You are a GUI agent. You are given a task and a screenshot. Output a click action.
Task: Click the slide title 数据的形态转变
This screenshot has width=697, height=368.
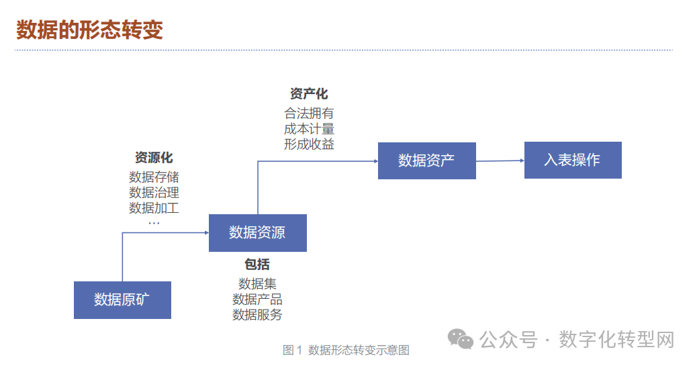coord(89,30)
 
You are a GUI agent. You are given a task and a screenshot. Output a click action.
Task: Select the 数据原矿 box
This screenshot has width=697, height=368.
coord(122,300)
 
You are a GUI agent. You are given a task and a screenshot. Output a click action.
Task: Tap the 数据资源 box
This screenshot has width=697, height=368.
coord(257,232)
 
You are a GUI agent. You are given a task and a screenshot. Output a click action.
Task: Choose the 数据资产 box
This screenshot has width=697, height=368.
coord(426,160)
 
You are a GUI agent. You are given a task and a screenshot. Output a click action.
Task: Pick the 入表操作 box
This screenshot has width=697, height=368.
coord(572,160)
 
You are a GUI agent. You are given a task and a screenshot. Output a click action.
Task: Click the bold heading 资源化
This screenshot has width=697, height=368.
coord(154,158)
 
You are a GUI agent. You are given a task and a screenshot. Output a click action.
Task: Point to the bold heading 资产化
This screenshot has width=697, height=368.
coord(309,94)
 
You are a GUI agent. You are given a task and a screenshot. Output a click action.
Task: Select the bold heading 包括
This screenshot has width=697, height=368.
coord(257,265)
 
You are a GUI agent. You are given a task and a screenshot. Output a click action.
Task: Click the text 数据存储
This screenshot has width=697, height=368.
coord(154,177)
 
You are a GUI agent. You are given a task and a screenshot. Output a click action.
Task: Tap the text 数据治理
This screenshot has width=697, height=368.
coord(154,193)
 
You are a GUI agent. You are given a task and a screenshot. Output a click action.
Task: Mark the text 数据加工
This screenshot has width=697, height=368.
coord(154,208)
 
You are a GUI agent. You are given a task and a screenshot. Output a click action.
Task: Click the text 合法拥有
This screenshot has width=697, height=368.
coord(309,113)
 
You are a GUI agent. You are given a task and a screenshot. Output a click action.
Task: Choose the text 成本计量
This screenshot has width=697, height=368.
coord(309,129)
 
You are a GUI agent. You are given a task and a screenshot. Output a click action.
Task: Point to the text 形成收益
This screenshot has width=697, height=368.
coord(309,144)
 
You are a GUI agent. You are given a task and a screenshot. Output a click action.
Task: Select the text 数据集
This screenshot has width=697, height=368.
coord(257,284)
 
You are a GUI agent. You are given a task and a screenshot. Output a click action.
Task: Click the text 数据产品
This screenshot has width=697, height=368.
coord(257,300)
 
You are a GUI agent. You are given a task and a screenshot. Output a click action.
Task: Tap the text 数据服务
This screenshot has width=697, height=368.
coord(257,314)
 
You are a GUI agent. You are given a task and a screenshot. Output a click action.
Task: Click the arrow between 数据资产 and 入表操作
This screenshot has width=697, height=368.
coord(500,160)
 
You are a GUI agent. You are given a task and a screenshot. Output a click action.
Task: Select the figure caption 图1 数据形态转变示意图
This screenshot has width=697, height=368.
coord(346,350)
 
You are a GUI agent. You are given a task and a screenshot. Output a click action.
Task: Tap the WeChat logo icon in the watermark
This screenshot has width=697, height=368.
coord(461,339)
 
